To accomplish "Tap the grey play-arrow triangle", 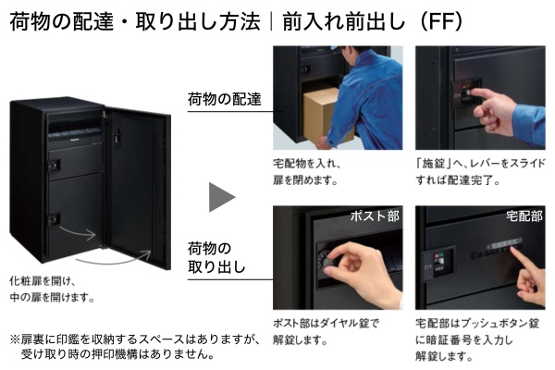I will pos(222,197).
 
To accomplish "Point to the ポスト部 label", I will pos(375,216).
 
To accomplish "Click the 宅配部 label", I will pos(524,216).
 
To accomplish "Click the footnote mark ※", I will pos(15,339).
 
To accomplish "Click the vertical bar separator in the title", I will pos(273,21).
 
